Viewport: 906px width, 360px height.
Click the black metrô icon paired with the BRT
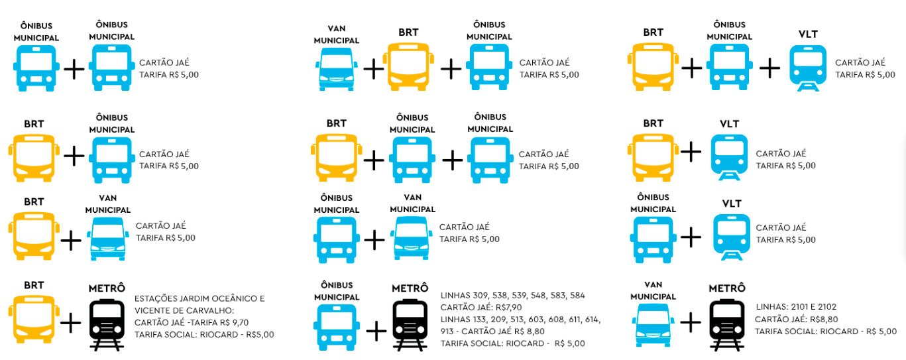click(107, 323)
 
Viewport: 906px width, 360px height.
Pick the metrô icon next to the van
click(727, 323)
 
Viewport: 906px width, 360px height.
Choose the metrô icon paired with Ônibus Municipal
click(410, 323)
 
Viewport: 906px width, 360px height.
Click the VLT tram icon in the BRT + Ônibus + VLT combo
click(808, 68)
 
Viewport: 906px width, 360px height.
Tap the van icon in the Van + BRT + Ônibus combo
click(337, 68)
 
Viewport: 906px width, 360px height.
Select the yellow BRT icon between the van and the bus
click(410, 66)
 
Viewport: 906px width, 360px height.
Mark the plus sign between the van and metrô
click(691, 323)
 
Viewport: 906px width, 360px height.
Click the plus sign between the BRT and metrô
click(71, 323)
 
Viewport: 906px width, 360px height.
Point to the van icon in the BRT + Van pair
click(107, 237)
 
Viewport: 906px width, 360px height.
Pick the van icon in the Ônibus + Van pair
click(412, 237)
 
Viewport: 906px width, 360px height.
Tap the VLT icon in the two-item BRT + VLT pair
click(730, 158)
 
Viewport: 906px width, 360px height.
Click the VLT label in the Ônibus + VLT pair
click(731, 204)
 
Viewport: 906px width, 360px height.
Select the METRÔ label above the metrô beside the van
click(727, 288)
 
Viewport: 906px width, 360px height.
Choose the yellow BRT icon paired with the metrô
click(30, 323)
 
